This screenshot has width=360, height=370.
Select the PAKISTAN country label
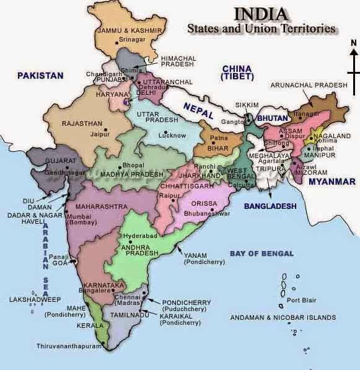click(40, 76)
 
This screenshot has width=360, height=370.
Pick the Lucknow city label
click(172, 134)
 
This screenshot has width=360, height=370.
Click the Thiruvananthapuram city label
click(68, 346)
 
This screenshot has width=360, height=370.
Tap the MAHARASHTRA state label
click(100, 205)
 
